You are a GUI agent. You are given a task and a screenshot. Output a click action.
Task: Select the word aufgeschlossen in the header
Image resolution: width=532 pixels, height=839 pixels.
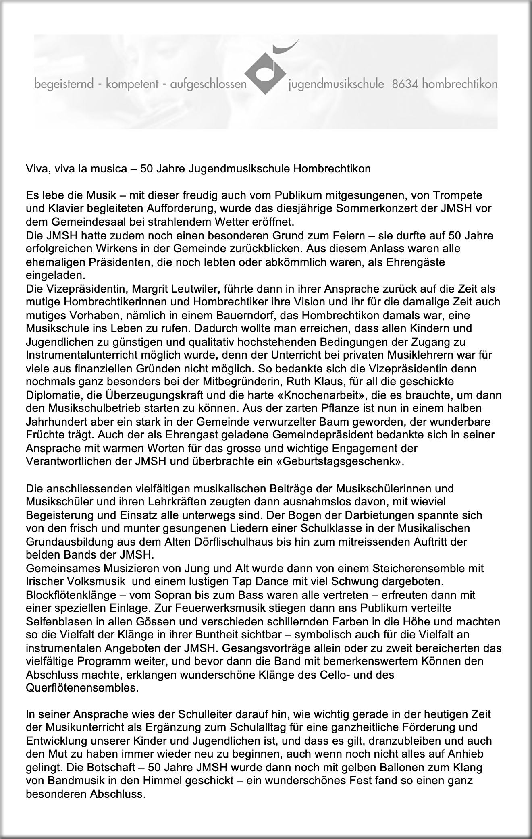click(208, 85)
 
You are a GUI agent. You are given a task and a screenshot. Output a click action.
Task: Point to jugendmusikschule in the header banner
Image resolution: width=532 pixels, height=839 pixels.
click(336, 85)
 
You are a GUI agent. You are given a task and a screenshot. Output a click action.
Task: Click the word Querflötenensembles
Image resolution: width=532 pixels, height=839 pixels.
click(82, 687)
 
